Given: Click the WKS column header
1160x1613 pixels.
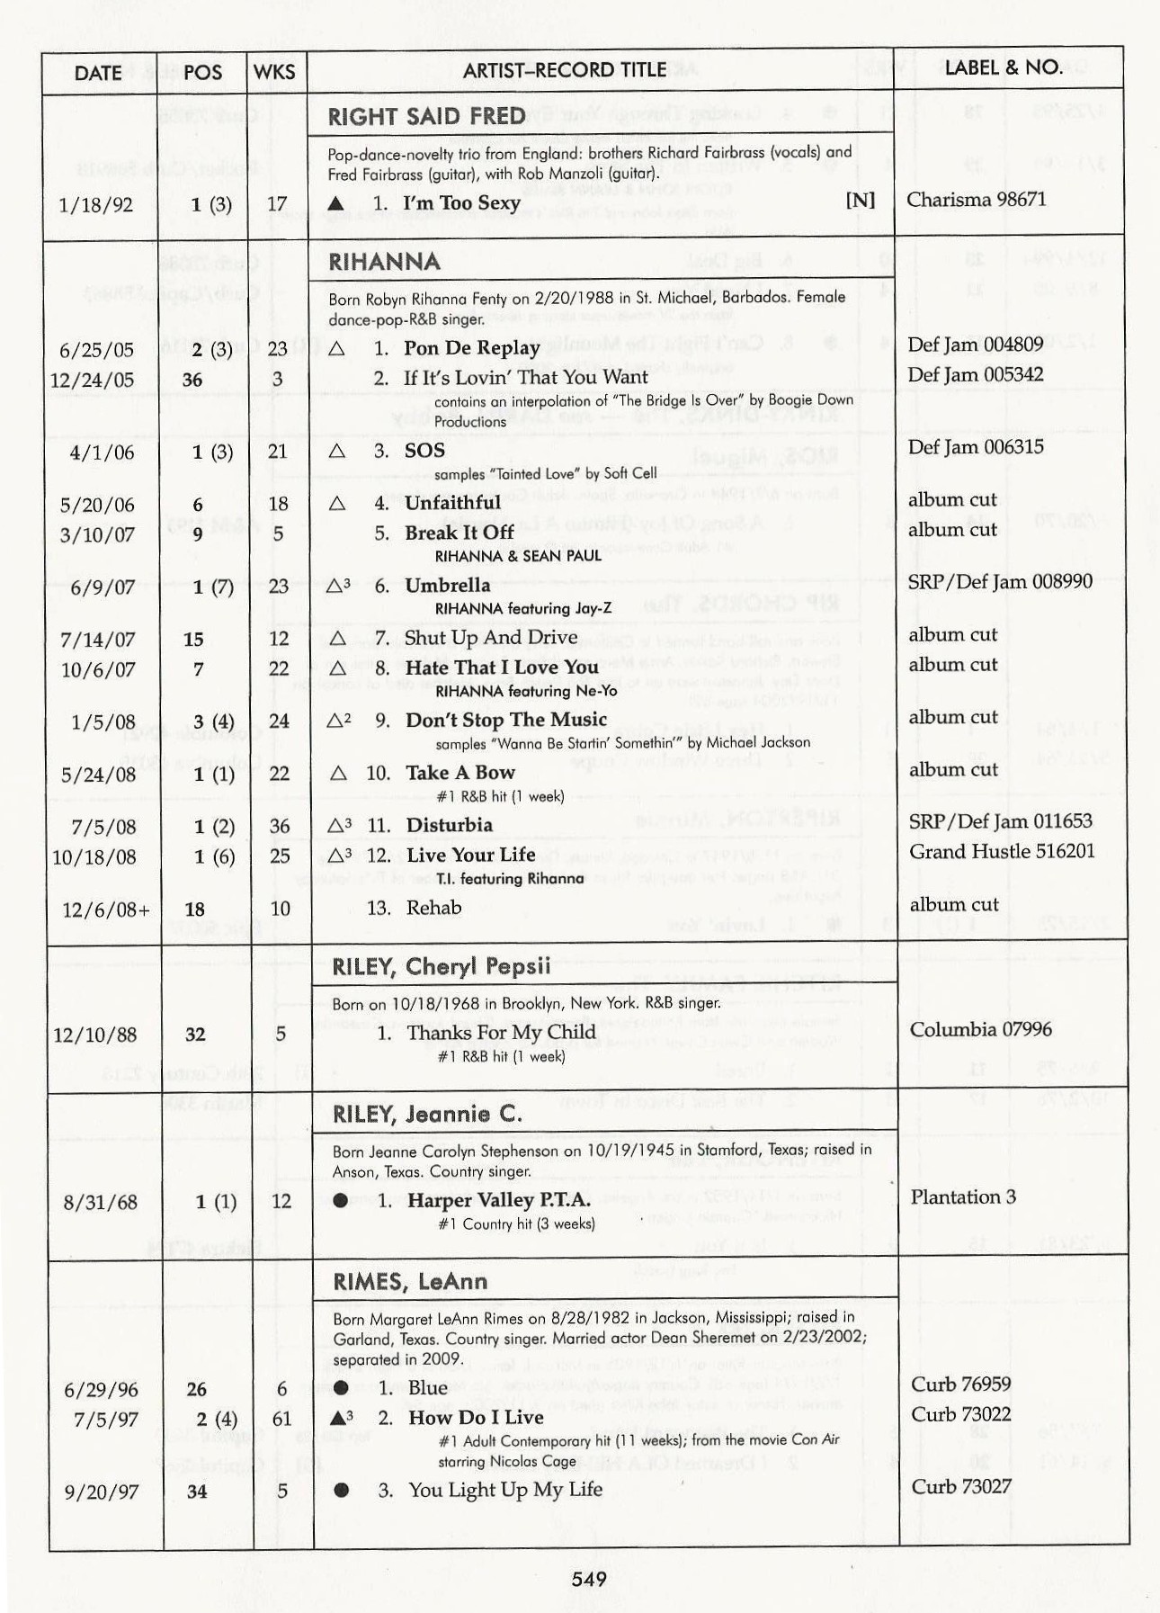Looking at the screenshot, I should [274, 72].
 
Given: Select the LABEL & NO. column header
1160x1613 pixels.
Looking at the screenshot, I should [1003, 67].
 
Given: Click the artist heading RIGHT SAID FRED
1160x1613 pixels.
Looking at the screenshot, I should [426, 117].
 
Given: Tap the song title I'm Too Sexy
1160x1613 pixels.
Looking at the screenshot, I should [461, 203].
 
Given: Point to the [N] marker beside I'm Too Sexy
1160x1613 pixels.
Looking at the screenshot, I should [860, 200].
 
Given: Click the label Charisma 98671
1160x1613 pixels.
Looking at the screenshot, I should [976, 200].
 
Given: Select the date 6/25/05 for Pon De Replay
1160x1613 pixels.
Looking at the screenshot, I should [96, 350].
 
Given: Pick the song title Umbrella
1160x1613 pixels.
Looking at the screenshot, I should [448, 586].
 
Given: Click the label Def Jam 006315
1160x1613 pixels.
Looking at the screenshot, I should [976, 447].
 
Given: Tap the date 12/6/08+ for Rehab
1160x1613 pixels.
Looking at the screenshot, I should [105, 910].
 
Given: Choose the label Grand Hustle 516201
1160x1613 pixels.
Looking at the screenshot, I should [1002, 851].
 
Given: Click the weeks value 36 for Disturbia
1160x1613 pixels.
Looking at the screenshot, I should [280, 826].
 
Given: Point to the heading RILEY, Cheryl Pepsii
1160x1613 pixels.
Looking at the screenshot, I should [441, 967].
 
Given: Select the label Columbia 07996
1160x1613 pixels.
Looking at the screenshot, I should [980, 1029].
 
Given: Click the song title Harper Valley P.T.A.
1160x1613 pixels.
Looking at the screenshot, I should [499, 1200].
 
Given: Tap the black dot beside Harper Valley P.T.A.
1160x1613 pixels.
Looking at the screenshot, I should [340, 1200].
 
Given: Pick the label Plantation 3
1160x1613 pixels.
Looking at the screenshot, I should [962, 1197].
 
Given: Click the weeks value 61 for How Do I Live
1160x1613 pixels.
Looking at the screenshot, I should [281, 1419].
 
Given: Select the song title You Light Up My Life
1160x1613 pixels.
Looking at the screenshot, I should [505, 1490].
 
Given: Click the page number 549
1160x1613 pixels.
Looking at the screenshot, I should [588, 1579].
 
